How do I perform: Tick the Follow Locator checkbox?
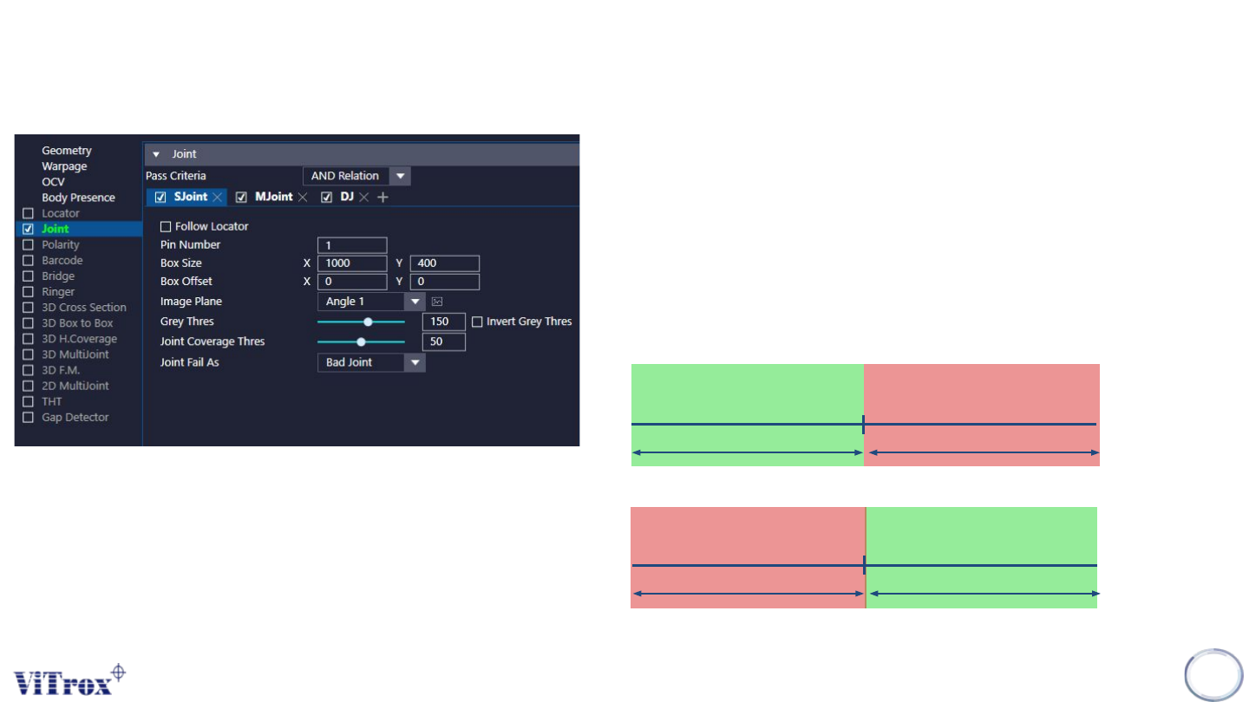[x=166, y=227]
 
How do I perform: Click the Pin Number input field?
[x=352, y=245]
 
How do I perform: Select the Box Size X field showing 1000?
[x=352, y=263]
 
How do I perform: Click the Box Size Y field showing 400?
[x=444, y=263]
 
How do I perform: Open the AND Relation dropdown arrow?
[x=400, y=176]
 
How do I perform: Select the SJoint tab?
[x=190, y=198]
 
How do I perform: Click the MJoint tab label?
[x=273, y=198]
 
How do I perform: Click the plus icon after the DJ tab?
[x=383, y=198]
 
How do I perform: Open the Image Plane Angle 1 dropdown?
[x=416, y=302]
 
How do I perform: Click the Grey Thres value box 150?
[x=443, y=322]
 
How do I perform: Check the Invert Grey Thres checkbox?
[x=477, y=322]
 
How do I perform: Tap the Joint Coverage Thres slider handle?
[x=361, y=341]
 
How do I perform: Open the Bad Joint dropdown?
[x=416, y=362]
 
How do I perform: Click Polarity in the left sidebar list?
[x=61, y=244]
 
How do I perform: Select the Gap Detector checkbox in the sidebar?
[x=29, y=418]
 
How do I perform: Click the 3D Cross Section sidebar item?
[x=84, y=308]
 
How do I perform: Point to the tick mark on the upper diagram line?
[x=863, y=424]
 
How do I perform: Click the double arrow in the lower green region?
[x=984, y=594]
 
